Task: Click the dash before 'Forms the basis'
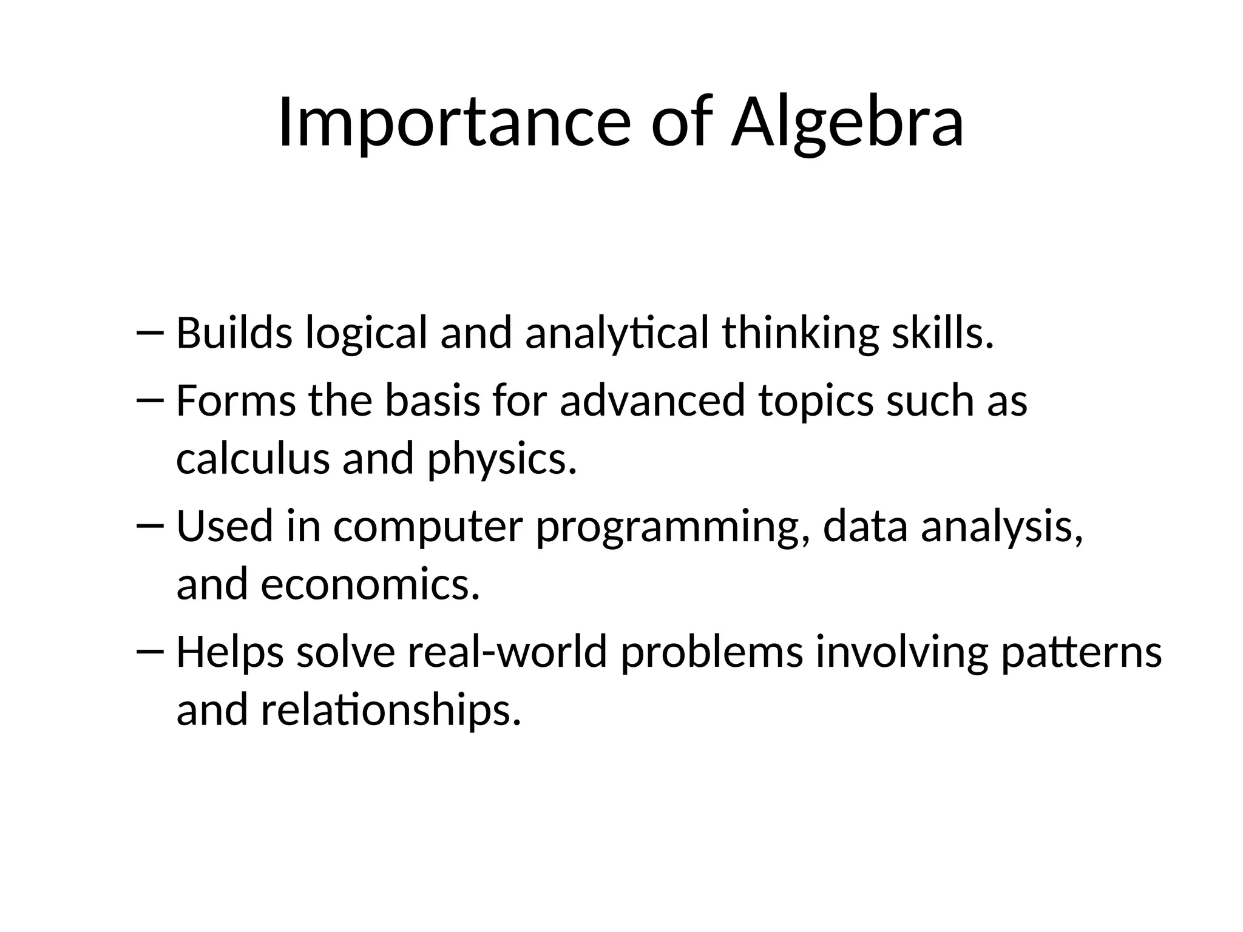pos(151,400)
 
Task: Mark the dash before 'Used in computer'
pos(151,526)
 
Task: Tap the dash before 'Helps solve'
pos(151,651)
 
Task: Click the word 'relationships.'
pos(391,710)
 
